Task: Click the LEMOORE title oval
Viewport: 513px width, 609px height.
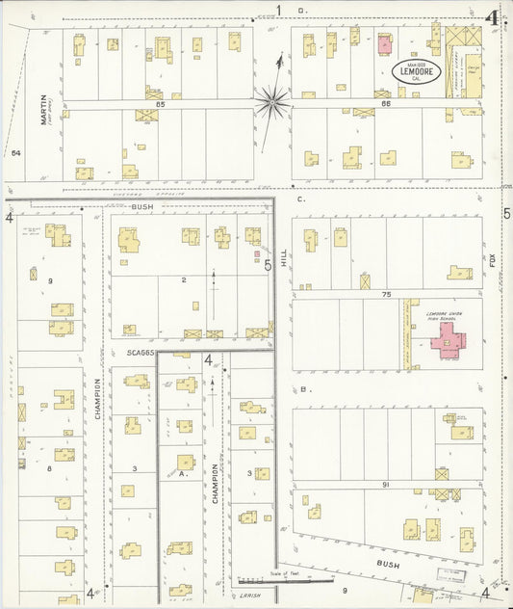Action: (412, 70)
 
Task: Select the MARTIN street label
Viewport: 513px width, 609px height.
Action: (44, 112)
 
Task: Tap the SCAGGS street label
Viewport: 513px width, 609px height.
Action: (140, 353)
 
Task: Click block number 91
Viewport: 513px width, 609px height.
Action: (385, 485)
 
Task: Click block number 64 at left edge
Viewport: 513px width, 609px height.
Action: (15, 152)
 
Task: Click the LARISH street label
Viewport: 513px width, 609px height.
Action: (252, 594)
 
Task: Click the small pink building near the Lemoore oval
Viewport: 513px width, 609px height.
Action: (384, 43)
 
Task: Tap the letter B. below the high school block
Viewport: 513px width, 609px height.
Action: (304, 388)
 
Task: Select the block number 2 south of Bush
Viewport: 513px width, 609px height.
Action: (183, 279)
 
